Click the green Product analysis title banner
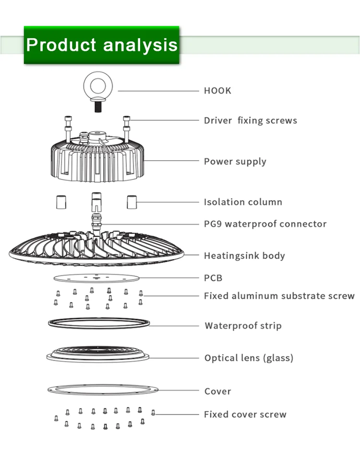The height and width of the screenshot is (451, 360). [101, 45]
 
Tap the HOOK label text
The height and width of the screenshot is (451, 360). [217, 91]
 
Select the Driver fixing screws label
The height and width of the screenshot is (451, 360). [250, 120]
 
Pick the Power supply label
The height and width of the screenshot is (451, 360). [235, 161]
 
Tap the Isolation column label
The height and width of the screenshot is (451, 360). [243, 202]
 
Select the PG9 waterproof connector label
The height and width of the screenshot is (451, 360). [265, 224]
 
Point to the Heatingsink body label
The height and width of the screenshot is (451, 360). [244, 255]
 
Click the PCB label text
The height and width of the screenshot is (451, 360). [213, 278]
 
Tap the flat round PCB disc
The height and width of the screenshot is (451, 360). [96, 278]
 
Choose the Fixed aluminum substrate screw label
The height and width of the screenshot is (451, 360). [279, 296]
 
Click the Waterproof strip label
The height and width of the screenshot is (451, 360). [243, 326]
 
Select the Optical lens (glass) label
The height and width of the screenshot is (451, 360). [249, 358]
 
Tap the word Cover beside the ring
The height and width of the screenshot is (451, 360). [217, 391]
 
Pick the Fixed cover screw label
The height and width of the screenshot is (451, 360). [245, 414]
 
